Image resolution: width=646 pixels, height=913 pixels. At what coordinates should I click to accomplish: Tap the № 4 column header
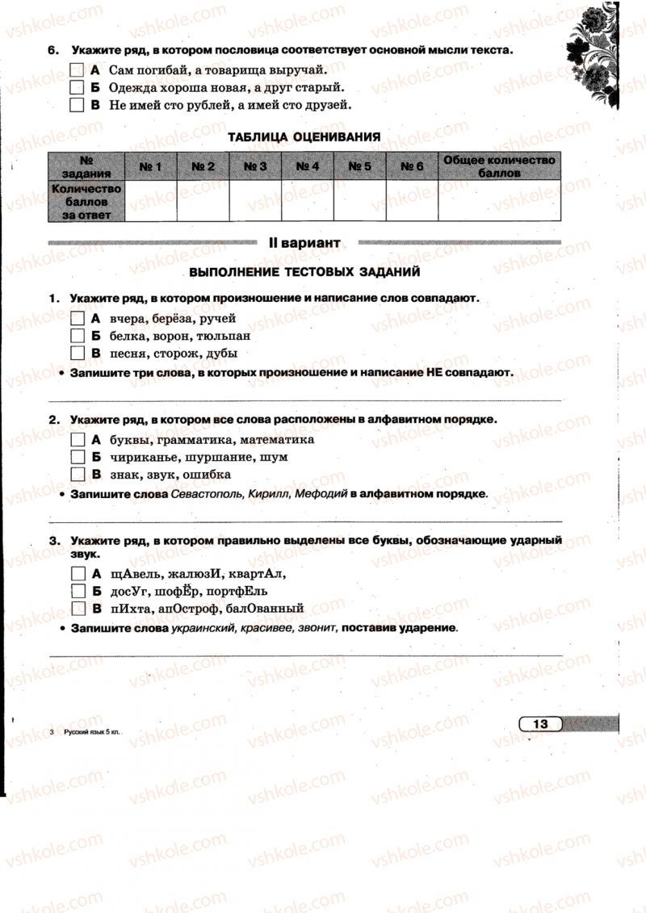pyautogui.click(x=308, y=166)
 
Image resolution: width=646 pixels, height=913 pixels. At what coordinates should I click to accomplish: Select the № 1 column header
pyautogui.click(x=150, y=166)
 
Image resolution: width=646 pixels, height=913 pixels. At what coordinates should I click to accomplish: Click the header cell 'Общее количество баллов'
pyautogui.click(x=499, y=166)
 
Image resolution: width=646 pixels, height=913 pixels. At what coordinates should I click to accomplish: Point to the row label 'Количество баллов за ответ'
pyautogui.click(x=86, y=201)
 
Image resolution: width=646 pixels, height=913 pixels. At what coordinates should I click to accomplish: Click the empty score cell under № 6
pyautogui.click(x=412, y=201)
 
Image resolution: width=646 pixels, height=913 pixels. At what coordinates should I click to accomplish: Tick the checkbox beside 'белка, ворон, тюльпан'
pyautogui.click(x=78, y=335)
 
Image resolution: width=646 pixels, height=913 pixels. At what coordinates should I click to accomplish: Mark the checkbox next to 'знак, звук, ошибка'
pyautogui.click(x=78, y=474)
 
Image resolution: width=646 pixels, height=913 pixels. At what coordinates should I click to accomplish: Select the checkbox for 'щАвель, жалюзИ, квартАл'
pyautogui.click(x=78, y=574)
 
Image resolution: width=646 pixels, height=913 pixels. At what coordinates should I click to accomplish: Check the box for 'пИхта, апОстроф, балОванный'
pyautogui.click(x=78, y=609)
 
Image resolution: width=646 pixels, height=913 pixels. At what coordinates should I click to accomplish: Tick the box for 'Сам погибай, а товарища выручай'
pyautogui.click(x=78, y=69)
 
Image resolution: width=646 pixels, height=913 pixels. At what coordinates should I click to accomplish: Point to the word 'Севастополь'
pyautogui.click(x=208, y=492)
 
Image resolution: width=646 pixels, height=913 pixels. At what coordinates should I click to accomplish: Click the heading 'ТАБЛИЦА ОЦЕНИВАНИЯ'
pyautogui.click(x=304, y=137)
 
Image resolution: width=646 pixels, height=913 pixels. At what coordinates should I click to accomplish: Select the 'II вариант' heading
pyautogui.click(x=304, y=241)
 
